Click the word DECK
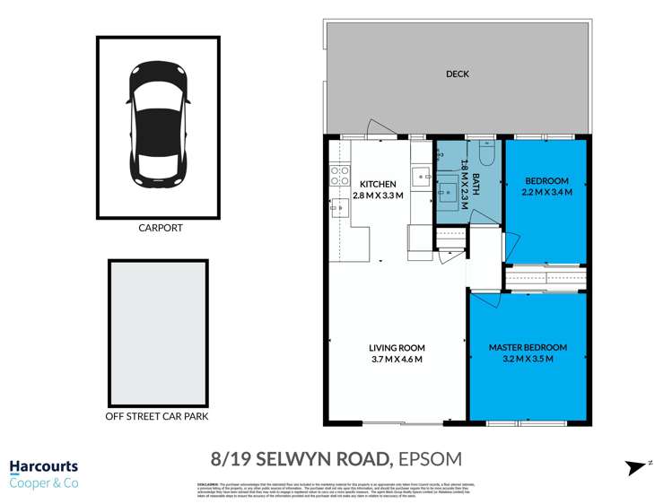tap(457, 74)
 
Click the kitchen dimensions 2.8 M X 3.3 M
tap(378, 196)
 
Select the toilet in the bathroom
tap(486, 154)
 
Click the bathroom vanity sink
tap(447, 190)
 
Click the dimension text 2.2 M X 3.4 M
tap(546, 191)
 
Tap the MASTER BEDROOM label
tap(528, 347)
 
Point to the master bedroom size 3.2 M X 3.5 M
tap(528, 359)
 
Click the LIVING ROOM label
tap(397, 348)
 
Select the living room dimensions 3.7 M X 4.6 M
tap(397, 360)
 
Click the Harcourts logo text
tap(43, 467)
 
